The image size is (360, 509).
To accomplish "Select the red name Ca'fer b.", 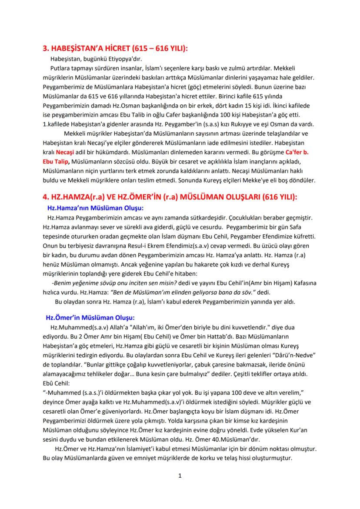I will tap(300, 152).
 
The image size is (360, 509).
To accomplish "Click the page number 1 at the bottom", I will tap(180, 476).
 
